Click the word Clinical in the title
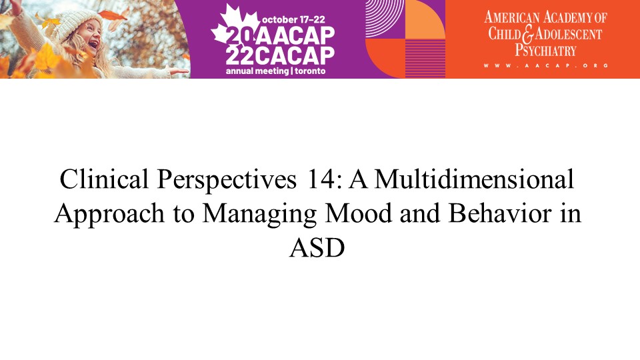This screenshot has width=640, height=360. pos(104,179)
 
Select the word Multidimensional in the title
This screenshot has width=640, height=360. pos(474,179)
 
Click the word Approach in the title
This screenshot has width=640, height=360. pos(109,214)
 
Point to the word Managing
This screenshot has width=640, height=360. pos(259,214)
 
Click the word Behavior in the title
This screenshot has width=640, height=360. pos(500,213)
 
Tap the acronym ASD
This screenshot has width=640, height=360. pos(317,248)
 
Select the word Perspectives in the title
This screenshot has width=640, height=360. pos(227,180)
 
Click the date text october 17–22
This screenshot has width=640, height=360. pos(293,19)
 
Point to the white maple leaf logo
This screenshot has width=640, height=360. pos(235,25)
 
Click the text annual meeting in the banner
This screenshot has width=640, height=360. pos(257,71)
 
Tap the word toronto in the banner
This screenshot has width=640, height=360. pos(310,71)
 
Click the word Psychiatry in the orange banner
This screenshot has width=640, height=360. pos(545,51)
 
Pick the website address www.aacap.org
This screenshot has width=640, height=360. pos(546,65)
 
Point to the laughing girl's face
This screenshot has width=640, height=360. pos(91,37)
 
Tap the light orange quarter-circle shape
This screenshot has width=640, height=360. pos(425,19)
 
